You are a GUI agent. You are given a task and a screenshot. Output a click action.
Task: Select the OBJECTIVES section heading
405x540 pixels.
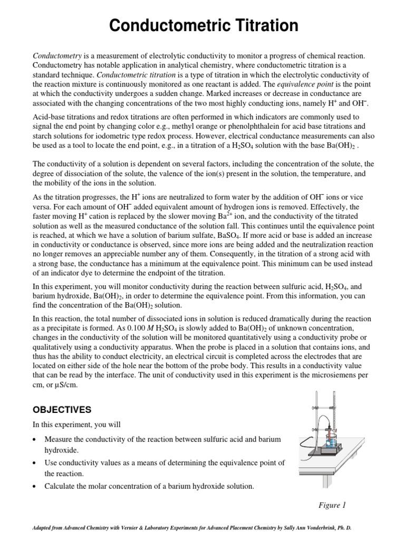(x=62, y=410)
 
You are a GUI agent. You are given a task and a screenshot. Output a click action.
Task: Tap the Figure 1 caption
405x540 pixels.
(x=332, y=505)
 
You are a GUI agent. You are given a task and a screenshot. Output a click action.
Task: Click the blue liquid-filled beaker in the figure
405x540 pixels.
(x=331, y=442)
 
